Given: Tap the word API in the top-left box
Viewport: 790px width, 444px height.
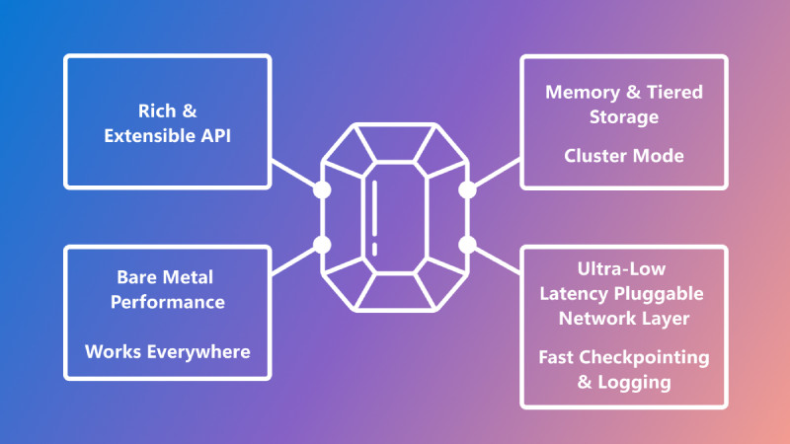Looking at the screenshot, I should click(213, 135).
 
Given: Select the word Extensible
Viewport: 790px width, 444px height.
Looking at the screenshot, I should click(149, 135).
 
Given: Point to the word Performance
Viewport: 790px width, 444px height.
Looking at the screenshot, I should click(167, 301).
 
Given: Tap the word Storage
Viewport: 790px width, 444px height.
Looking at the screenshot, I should click(624, 118).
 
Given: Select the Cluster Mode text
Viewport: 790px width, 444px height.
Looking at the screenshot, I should click(624, 156).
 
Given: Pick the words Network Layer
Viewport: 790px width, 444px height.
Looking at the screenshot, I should click(624, 318).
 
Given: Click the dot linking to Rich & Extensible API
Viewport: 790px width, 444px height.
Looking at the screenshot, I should click(322, 190).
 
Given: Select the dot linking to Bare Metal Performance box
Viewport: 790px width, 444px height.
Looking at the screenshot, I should click(322, 244).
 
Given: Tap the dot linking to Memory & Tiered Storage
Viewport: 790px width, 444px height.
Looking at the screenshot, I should click(468, 190).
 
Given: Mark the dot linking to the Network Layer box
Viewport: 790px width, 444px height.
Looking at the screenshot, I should click(468, 244).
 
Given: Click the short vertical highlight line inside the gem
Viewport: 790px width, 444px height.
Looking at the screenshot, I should click(376, 215).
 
